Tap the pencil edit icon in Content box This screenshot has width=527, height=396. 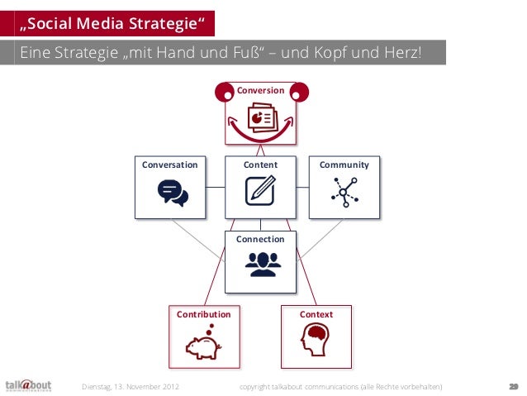[260, 191]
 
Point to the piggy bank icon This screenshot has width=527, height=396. [202, 345]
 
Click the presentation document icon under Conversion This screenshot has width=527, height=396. [262, 118]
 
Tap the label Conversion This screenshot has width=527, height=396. [260, 90]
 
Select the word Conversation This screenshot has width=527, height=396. [170, 165]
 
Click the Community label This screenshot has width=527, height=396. [344, 165]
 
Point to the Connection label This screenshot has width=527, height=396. [260, 239]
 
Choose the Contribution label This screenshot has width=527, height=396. [203, 314]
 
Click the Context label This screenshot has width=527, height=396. [316, 314]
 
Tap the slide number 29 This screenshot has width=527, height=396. [513, 386]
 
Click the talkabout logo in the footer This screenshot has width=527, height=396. [28, 385]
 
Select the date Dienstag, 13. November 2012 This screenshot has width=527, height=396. [130, 386]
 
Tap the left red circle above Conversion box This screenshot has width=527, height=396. [224, 93]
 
